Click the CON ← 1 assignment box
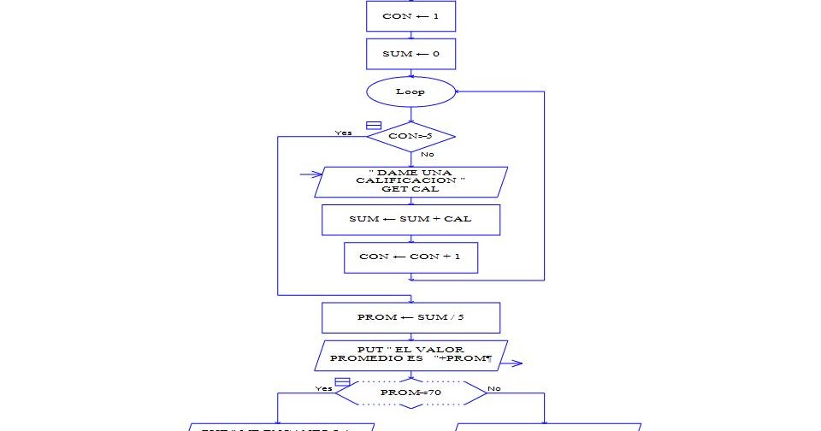click(410, 16)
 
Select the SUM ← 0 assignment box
click(410, 54)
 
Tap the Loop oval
click(410, 92)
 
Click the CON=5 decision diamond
click(410, 136)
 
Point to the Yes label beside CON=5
click(344, 133)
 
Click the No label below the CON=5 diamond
click(428, 154)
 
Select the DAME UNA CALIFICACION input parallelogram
click(410, 181)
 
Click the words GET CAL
click(410, 189)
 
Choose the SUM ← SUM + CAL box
click(410, 219)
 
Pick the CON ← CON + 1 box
click(410, 257)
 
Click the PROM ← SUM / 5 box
click(410, 317)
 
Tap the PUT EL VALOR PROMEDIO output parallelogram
click(410, 355)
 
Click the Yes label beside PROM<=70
click(323, 388)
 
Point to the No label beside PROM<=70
click(494, 388)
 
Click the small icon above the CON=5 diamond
click(374, 125)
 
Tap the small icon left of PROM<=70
click(342, 381)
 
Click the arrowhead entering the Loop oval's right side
click(458, 91)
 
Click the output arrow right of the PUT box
click(512, 363)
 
